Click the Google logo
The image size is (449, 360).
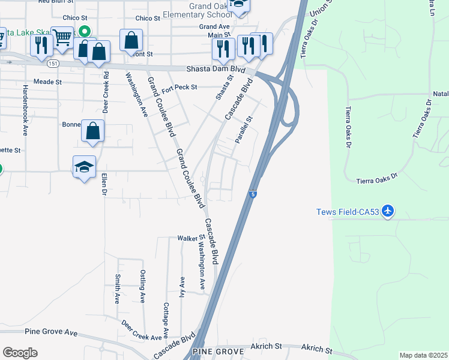pyautogui.click(x=20, y=352)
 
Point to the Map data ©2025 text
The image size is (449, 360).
pyautogui.click(x=423, y=355)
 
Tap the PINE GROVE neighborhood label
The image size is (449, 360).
pyautogui.click(x=218, y=351)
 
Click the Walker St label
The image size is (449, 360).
pyautogui.click(x=187, y=238)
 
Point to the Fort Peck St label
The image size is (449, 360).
pyautogui.click(x=179, y=88)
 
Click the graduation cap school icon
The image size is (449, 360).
pyautogui.click(x=84, y=167)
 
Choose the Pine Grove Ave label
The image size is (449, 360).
pyautogui.click(x=52, y=332)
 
